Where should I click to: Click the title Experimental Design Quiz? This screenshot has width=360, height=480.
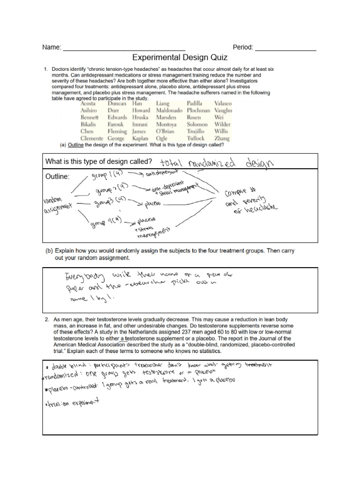(180, 58)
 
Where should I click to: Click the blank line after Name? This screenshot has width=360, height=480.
(124, 49)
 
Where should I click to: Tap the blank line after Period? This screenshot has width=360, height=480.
(285, 49)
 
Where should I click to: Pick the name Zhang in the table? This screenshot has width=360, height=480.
(222, 139)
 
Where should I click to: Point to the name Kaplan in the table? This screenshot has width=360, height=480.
(140, 139)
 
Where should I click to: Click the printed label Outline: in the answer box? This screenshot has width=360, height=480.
(57, 177)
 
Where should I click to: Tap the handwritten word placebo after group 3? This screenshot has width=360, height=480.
(150, 204)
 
